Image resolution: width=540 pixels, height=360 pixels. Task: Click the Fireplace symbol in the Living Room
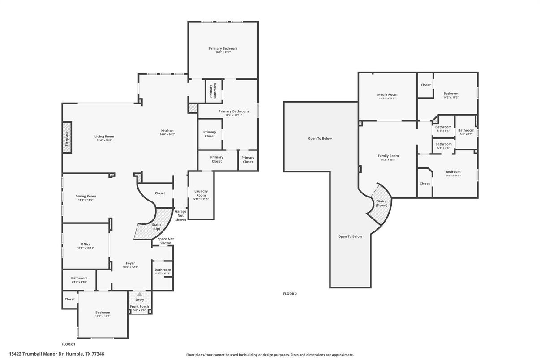point(67,137)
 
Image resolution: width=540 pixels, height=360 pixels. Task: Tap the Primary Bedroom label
point(223,48)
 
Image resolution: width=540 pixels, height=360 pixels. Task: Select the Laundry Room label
point(201,193)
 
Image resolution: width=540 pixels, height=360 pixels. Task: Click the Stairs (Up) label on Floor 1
point(157,227)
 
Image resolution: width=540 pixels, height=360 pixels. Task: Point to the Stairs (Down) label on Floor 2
point(381,203)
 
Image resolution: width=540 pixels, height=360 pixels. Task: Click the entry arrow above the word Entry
point(139,294)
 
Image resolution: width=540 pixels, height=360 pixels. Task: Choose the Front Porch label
point(139,306)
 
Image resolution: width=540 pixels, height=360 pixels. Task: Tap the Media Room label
point(387,94)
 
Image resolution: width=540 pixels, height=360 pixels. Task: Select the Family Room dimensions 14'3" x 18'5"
point(388,160)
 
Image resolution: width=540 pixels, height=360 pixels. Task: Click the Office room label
point(86,244)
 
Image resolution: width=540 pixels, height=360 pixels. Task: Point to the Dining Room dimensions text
point(85,200)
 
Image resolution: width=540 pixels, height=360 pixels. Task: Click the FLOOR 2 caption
point(290,294)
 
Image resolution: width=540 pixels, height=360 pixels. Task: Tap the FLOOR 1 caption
point(68,344)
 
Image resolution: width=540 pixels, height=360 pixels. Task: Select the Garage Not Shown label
point(180,215)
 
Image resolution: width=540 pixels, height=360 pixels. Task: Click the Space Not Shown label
point(165,241)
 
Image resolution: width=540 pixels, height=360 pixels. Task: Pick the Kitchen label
point(167,131)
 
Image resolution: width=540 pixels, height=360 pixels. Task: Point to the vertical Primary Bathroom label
point(213,91)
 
